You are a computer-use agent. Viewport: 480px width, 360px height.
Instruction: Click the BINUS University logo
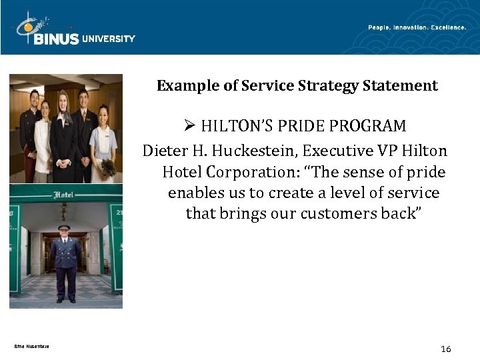(x=73, y=30)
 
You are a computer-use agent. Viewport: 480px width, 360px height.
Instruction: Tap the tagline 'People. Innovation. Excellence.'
(x=417, y=27)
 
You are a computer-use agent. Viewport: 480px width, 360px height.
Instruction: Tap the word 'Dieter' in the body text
(x=164, y=151)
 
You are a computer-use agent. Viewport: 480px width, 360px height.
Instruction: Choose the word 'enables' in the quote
(x=194, y=193)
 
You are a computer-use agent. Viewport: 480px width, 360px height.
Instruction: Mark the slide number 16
(x=446, y=349)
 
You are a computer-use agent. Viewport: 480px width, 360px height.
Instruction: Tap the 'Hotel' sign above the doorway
(x=65, y=195)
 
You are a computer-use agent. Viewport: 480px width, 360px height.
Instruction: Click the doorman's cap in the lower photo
(x=64, y=227)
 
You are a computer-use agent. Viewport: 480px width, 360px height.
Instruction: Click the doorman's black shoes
(x=65, y=300)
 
